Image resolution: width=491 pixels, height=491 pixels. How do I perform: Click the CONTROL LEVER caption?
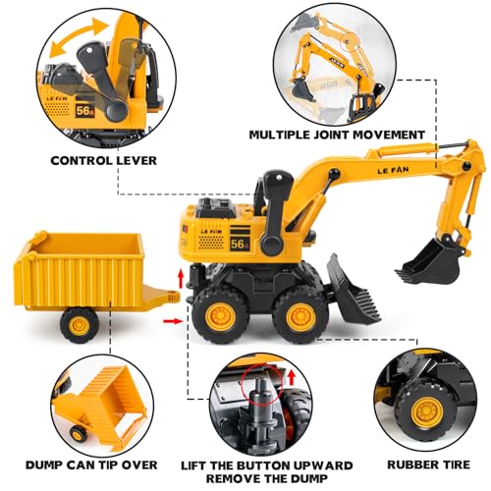pos(104,160)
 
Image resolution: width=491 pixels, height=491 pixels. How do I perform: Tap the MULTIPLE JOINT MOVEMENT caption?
pos(337,135)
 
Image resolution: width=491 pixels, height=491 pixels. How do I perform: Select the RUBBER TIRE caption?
pos(428,464)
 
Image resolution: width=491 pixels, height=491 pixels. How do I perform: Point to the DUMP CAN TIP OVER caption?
pos(91,464)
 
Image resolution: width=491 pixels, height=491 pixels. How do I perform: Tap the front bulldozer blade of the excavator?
pos(352,294)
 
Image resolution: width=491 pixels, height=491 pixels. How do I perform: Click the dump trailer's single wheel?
pos(80,325)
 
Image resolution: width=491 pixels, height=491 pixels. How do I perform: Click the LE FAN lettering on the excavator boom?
pos(393,170)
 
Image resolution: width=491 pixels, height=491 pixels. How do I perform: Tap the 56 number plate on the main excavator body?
pos(240,244)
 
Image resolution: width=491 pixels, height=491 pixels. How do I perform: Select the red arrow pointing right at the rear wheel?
pos(173,321)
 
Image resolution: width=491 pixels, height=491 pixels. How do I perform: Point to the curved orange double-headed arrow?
pos(78,35)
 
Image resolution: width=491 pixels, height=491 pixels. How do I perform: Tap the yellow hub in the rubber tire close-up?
pos(427,412)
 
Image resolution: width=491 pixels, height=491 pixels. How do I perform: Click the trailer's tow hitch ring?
pos(173,297)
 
